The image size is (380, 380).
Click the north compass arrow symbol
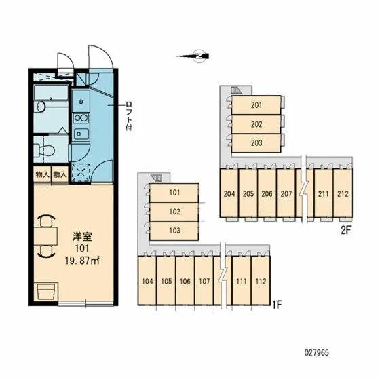(x=193, y=56)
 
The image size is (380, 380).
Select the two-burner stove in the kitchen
(x=81, y=118)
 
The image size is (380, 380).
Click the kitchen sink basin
(x=81, y=134)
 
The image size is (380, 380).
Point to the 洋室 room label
(x=82, y=237)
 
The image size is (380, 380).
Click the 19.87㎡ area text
(x=82, y=261)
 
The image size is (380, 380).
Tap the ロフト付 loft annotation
(x=129, y=116)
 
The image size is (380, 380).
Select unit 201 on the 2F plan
(x=256, y=105)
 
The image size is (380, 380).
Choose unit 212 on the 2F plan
(x=343, y=193)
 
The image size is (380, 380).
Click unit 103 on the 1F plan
(x=174, y=231)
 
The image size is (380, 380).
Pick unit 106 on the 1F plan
(x=185, y=281)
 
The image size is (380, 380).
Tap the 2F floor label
(x=346, y=230)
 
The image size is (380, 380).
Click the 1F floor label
(x=278, y=305)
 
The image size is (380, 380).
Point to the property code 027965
(x=317, y=353)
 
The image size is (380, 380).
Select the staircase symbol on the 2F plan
(x=237, y=90)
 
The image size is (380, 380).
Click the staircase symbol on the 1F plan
(x=156, y=178)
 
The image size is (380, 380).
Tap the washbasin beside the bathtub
(x=41, y=107)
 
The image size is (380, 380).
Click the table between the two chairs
(x=45, y=236)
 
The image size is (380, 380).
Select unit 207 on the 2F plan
(x=286, y=193)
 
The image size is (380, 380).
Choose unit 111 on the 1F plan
(x=242, y=281)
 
